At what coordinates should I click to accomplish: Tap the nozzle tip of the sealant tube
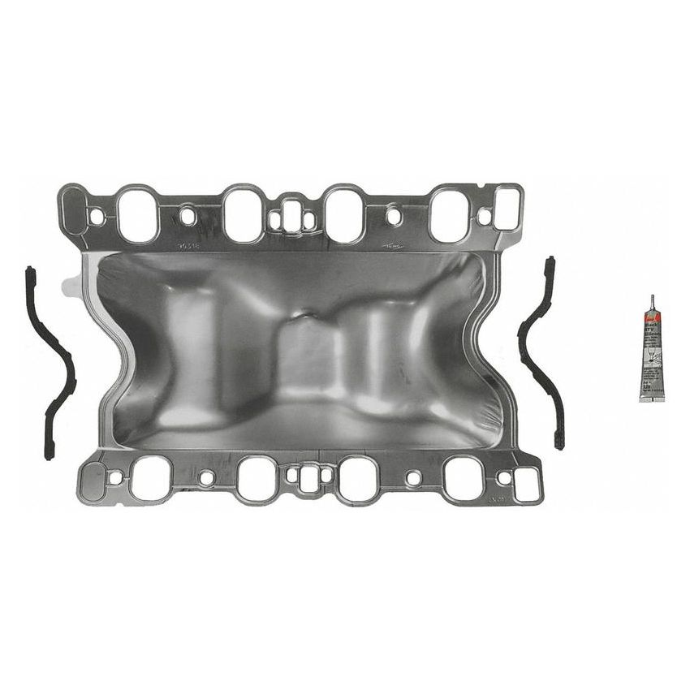coord(651,300)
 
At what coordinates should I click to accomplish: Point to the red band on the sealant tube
coord(651,326)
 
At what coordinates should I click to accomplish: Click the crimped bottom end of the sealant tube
coord(652,396)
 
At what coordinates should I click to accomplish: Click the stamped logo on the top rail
coord(394,244)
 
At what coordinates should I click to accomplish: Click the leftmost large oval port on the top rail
coord(137,214)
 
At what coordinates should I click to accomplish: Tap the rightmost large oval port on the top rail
coord(449,215)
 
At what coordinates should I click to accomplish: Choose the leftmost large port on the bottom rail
coord(152,478)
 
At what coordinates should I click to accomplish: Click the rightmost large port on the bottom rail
coord(464,478)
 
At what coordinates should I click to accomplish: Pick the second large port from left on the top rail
coord(243,214)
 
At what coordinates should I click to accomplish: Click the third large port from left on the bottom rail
coord(358,478)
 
